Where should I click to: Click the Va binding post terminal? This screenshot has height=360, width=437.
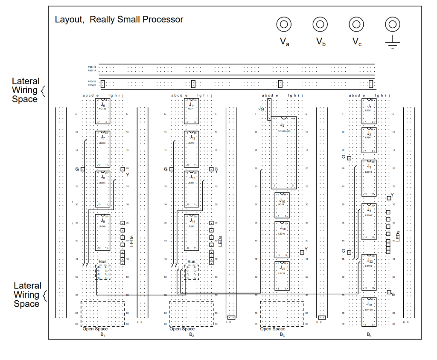[284, 24]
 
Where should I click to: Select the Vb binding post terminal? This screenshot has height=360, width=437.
[320, 24]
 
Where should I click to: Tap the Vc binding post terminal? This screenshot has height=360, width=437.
[356, 24]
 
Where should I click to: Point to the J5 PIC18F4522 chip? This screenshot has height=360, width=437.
[284, 153]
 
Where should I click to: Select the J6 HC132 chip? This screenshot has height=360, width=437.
[103, 111]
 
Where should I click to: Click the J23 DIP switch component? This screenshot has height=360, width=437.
[369, 312]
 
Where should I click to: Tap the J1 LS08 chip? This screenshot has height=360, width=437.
[369, 111]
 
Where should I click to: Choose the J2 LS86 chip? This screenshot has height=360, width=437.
[369, 139]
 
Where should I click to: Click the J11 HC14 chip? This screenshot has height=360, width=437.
[192, 111]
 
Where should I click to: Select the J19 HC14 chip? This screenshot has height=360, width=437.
[282, 206]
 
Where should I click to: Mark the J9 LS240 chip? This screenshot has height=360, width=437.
[103, 232]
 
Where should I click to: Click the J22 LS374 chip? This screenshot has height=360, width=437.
[369, 273]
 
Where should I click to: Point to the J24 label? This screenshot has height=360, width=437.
[261, 109]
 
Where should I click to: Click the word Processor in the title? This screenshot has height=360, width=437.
[163, 20]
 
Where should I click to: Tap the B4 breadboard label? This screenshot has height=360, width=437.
[369, 335]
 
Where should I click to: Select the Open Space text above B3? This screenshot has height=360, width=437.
[272, 329]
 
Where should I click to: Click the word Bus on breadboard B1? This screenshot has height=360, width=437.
[103, 262]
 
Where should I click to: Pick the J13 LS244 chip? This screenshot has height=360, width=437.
[192, 188]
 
